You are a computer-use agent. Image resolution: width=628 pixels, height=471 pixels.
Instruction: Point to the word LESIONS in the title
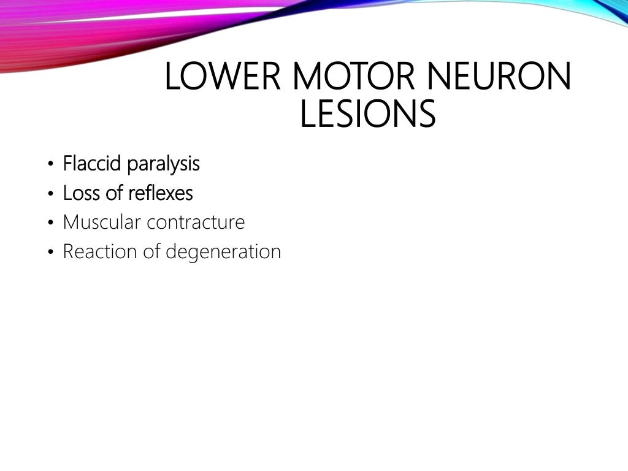click(x=367, y=115)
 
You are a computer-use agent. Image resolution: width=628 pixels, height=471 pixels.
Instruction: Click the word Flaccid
click(x=93, y=164)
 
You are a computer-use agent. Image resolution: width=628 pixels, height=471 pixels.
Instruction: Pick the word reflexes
click(x=161, y=193)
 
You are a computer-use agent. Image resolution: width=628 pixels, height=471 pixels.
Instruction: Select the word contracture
click(x=196, y=223)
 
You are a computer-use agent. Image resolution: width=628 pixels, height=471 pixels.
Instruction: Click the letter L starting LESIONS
click(x=307, y=115)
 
